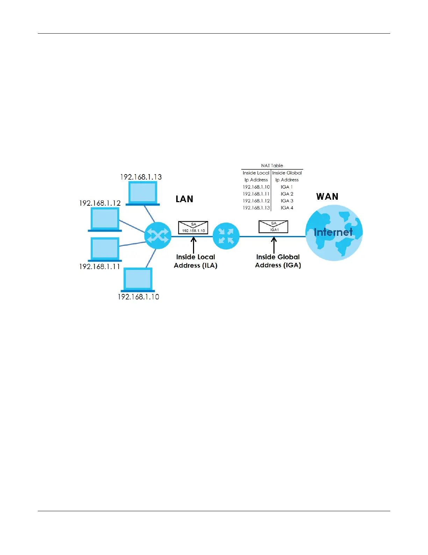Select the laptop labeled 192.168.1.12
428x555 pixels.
[105, 219]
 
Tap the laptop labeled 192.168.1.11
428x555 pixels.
[105, 249]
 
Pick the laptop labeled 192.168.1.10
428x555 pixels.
[138, 280]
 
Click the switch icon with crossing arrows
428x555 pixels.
[158, 235]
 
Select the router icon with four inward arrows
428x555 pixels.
[226, 236]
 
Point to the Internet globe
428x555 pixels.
[334, 233]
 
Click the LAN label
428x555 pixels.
[184, 199]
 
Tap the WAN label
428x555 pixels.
[327, 197]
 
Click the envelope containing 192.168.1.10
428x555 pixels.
[193, 228]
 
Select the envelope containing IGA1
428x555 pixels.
[273, 227]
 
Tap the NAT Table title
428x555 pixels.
[272, 166]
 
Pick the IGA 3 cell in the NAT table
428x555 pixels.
[287, 201]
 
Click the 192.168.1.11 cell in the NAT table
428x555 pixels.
[256, 194]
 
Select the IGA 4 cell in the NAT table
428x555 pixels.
[287, 208]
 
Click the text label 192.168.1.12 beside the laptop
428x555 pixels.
[100, 203]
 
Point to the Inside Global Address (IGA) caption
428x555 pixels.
[278, 261]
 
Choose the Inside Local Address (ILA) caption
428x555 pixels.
[195, 261]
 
